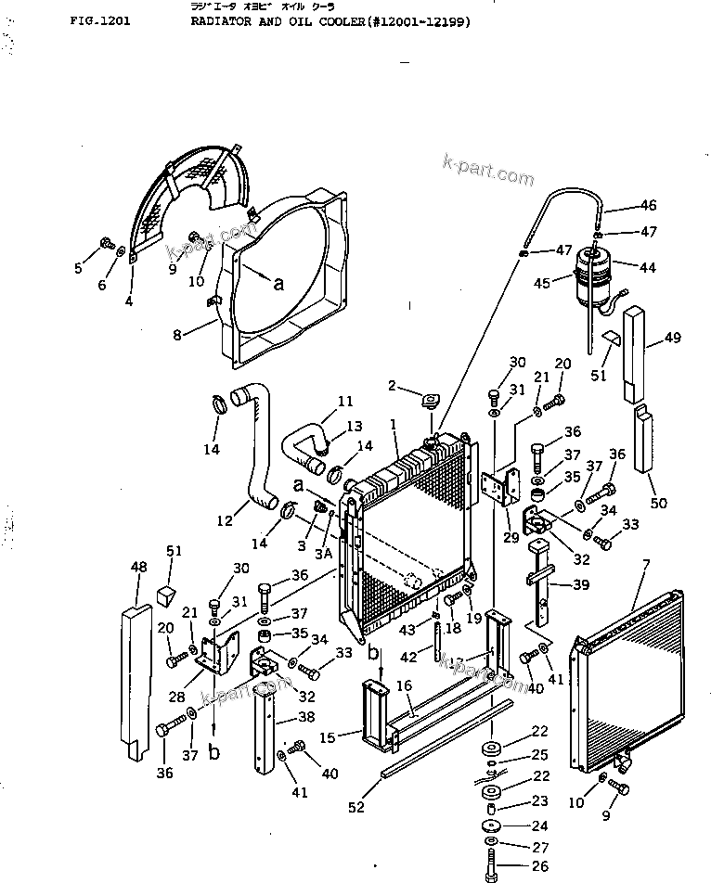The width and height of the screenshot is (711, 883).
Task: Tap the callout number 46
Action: [648, 205]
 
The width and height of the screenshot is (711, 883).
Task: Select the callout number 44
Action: [647, 267]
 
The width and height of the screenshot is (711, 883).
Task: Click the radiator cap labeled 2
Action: [431, 403]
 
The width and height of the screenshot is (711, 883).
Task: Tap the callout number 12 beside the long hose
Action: [225, 521]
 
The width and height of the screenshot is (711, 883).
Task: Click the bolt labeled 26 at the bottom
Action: [489, 870]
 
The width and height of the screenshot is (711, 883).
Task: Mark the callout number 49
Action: [672, 340]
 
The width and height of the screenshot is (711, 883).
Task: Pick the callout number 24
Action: [540, 825]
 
